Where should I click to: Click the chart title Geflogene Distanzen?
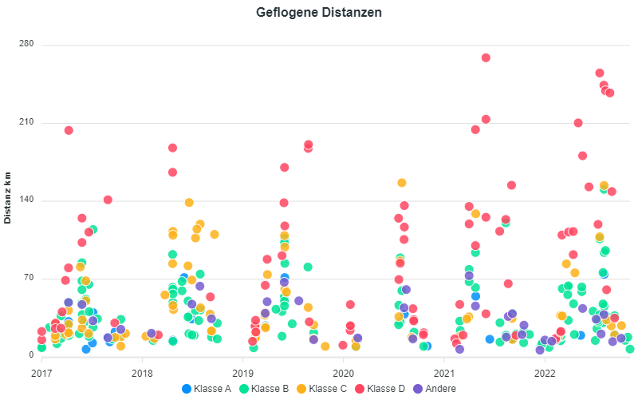pyautogui.click(x=319, y=13)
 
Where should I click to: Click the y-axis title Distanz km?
pyautogui.click(x=8, y=197)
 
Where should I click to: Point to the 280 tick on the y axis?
pyautogui.click(x=26, y=44)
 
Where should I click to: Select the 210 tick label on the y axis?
pyautogui.click(x=26, y=123)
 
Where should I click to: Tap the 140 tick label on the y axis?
pyautogui.click(x=26, y=200)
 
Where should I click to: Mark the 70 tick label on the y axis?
pyautogui.click(x=29, y=278)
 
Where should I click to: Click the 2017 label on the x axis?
pyautogui.click(x=41, y=372)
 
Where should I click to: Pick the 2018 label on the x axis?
pyautogui.click(x=142, y=372)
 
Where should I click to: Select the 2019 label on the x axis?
pyautogui.click(x=242, y=372)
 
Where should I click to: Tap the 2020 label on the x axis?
pyautogui.click(x=343, y=372)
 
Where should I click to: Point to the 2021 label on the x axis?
pyautogui.click(x=444, y=372)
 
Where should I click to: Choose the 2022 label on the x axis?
pyautogui.click(x=545, y=372)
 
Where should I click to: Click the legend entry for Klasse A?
pyautogui.click(x=208, y=388)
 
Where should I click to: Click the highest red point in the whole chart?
pyautogui.click(x=486, y=57)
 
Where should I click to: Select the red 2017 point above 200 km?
pyautogui.click(x=69, y=130)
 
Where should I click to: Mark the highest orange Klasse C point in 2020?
pyautogui.click(x=402, y=183)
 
